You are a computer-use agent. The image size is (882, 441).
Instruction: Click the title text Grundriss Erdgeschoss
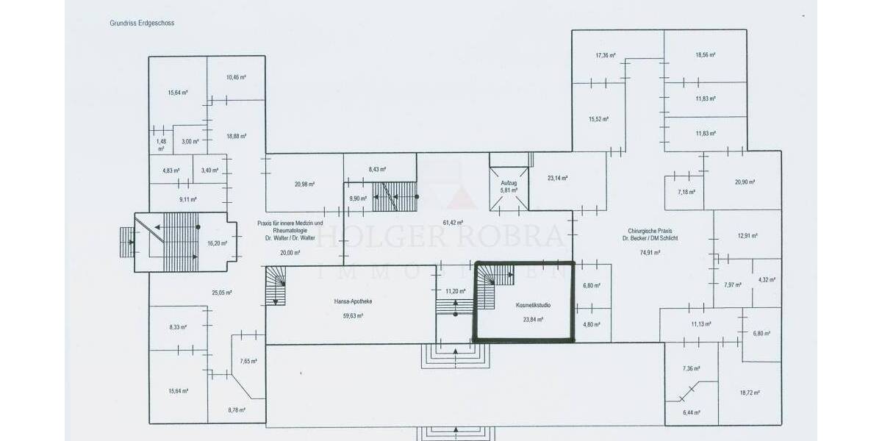pyautogui.click(x=142, y=23)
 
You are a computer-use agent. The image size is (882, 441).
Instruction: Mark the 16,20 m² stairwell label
pyautogui.click(x=217, y=243)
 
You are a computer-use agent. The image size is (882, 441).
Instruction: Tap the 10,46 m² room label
pyautogui.click(x=236, y=77)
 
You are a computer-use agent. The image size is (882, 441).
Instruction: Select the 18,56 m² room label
pyautogui.click(x=706, y=55)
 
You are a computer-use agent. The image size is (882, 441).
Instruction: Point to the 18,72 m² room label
pyautogui.click(x=750, y=393)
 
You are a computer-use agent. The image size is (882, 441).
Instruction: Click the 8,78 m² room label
pyautogui.click(x=236, y=410)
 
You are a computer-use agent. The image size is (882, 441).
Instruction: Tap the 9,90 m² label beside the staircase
pyautogui.click(x=357, y=198)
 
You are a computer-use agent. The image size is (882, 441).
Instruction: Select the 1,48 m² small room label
pyautogui.click(x=161, y=144)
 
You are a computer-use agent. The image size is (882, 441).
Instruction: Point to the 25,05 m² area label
pyautogui.click(x=222, y=293)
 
